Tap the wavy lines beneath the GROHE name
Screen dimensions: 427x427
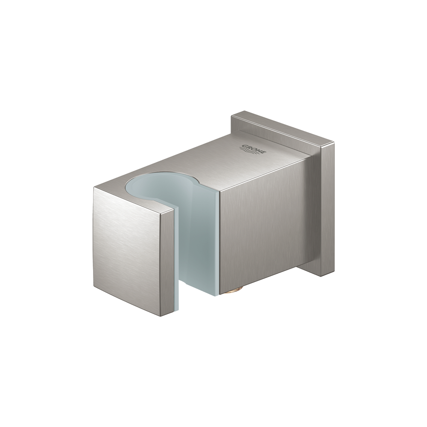coord(248,151)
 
